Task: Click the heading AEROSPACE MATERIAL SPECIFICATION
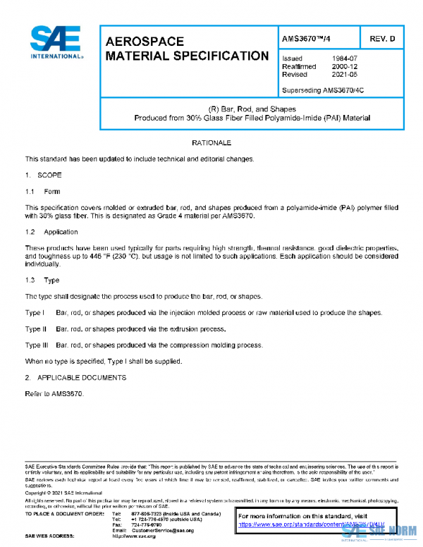pyautogui.click(x=186, y=49)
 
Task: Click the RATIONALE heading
pyautogui.click(x=211, y=143)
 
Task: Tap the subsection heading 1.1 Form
pyautogui.click(x=43, y=192)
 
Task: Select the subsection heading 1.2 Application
pyautogui.click(x=51, y=232)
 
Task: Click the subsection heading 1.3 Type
pyautogui.click(x=43, y=281)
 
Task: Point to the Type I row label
pyautogui.click(x=35, y=312)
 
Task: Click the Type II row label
pyautogui.click(x=36, y=329)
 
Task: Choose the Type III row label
pyautogui.click(x=37, y=345)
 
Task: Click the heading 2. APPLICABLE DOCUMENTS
pyautogui.click(x=75, y=378)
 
